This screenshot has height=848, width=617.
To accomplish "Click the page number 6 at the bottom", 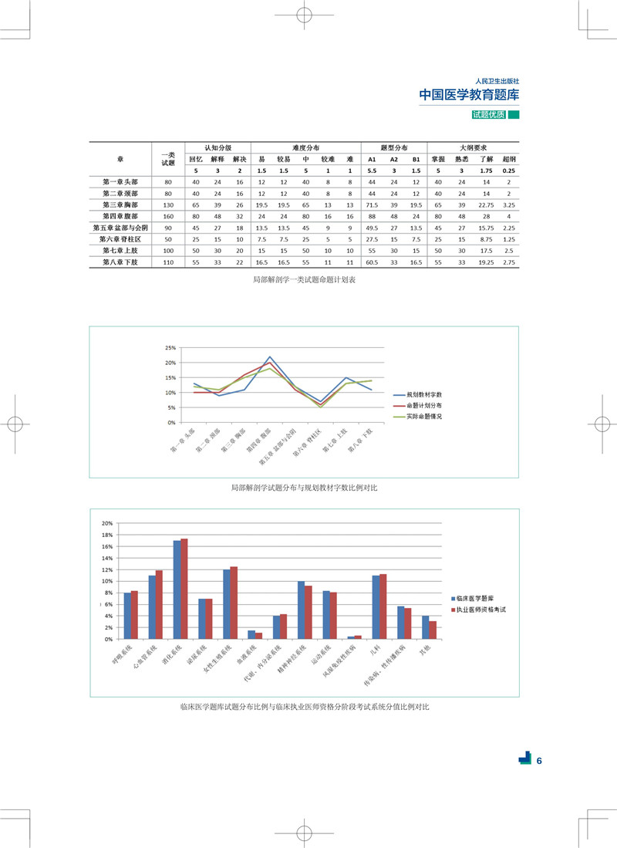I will point(540,761).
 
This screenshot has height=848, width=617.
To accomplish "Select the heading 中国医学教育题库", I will point(469,95).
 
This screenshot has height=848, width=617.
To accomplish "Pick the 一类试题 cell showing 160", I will point(167,217).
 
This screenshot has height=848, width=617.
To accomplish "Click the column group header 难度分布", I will point(306,147).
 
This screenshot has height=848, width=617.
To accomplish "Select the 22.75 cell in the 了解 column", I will point(485,205).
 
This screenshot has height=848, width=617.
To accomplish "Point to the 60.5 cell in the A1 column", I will point(371,263).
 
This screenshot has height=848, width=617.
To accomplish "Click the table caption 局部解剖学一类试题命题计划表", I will point(304,280).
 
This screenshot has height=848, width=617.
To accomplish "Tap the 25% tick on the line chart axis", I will point(170,347).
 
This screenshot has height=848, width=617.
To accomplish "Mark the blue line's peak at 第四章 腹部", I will point(269,357).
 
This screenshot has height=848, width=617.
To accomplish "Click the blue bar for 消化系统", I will point(177,590).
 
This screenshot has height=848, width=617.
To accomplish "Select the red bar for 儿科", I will point(383,606).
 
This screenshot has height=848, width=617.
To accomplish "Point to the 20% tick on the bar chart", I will point(107,523).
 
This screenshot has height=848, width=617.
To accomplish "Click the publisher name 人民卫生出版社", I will point(497,80).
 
